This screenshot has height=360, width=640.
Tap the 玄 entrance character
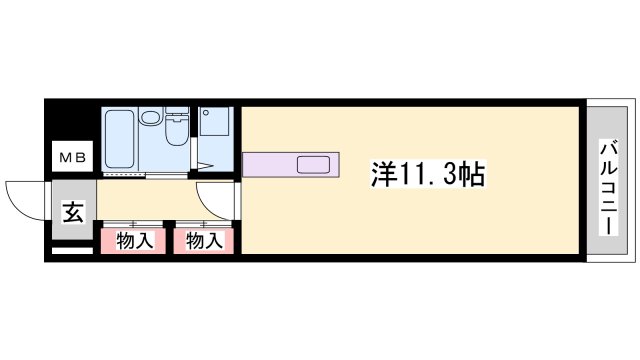click(72, 212)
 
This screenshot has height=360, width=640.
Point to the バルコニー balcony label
click(607, 186)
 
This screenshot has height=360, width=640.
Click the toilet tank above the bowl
click(178, 113)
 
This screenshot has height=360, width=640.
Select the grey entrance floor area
click(72, 211)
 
